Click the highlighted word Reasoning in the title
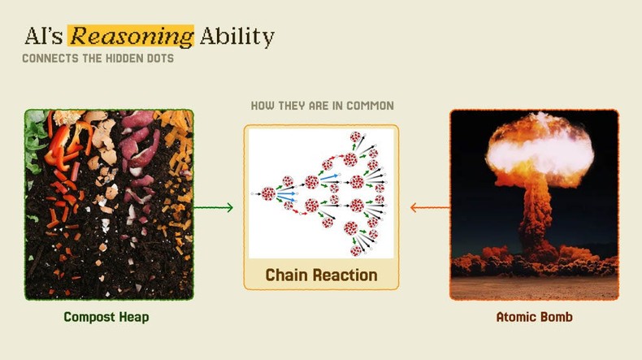coord(132,37)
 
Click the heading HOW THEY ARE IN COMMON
coord(322,106)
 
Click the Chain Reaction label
coord(322,275)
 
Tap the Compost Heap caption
coord(106,317)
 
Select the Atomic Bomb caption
coord(534,317)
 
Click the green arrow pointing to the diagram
coord(215,208)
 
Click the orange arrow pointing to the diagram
coord(429,208)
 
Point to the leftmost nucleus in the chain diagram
coord(268,193)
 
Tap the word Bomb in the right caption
coord(556,317)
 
